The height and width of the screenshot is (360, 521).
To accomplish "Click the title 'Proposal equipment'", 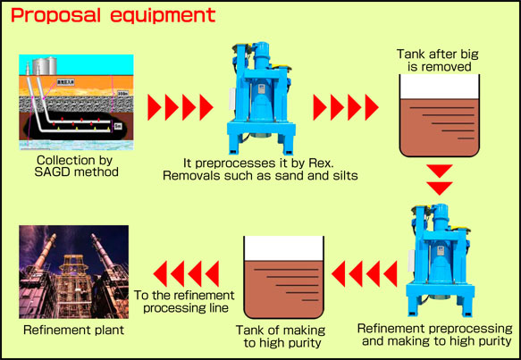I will [x=114, y=16].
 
